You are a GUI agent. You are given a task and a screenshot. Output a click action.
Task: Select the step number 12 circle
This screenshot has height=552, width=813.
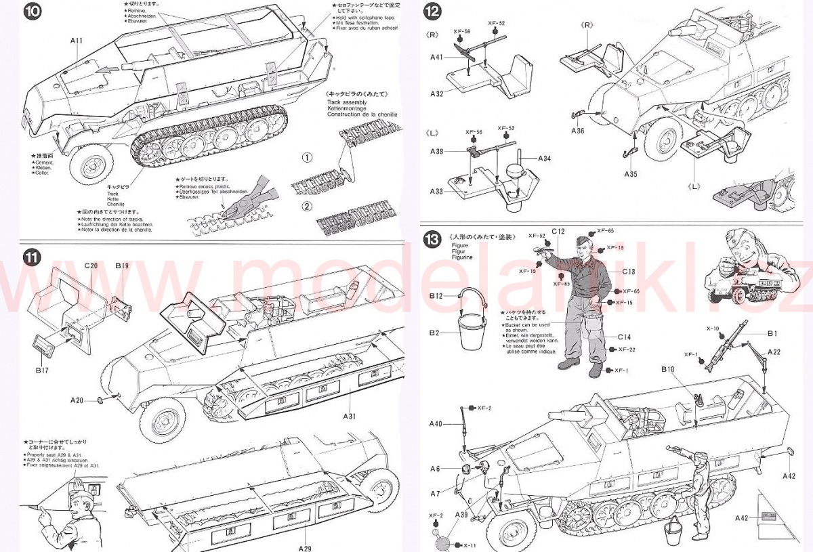pyautogui.click(x=432, y=11)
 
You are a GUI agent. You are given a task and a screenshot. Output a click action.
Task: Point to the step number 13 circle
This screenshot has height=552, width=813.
pyautogui.click(x=432, y=238)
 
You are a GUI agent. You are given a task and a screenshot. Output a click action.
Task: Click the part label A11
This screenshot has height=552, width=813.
pyautogui.click(x=75, y=41)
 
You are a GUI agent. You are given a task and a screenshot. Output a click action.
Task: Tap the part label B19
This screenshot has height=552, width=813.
pyautogui.click(x=122, y=266)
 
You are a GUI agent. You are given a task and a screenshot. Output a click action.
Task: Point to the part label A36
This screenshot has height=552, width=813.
pyautogui.click(x=577, y=131)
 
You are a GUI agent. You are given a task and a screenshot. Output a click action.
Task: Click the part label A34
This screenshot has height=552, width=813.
pyautogui.click(x=545, y=158)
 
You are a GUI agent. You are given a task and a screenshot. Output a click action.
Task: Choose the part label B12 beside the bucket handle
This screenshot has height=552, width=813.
pyautogui.click(x=436, y=296)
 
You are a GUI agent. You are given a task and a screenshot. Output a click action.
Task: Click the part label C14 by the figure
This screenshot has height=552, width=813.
pyautogui.click(x=623, y=337)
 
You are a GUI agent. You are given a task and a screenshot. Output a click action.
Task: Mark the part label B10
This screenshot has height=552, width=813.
pyautogui.click(x=669, y=369)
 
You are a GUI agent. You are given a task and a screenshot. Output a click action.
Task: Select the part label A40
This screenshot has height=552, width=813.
pyautogui.click(x=435, y=424)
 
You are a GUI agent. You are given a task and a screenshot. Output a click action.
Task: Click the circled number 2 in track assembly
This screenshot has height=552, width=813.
pyautogui.click(x=306, y=206)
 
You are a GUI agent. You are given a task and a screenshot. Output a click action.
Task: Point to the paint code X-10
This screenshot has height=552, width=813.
pyautogui.click(x=712, y=328)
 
